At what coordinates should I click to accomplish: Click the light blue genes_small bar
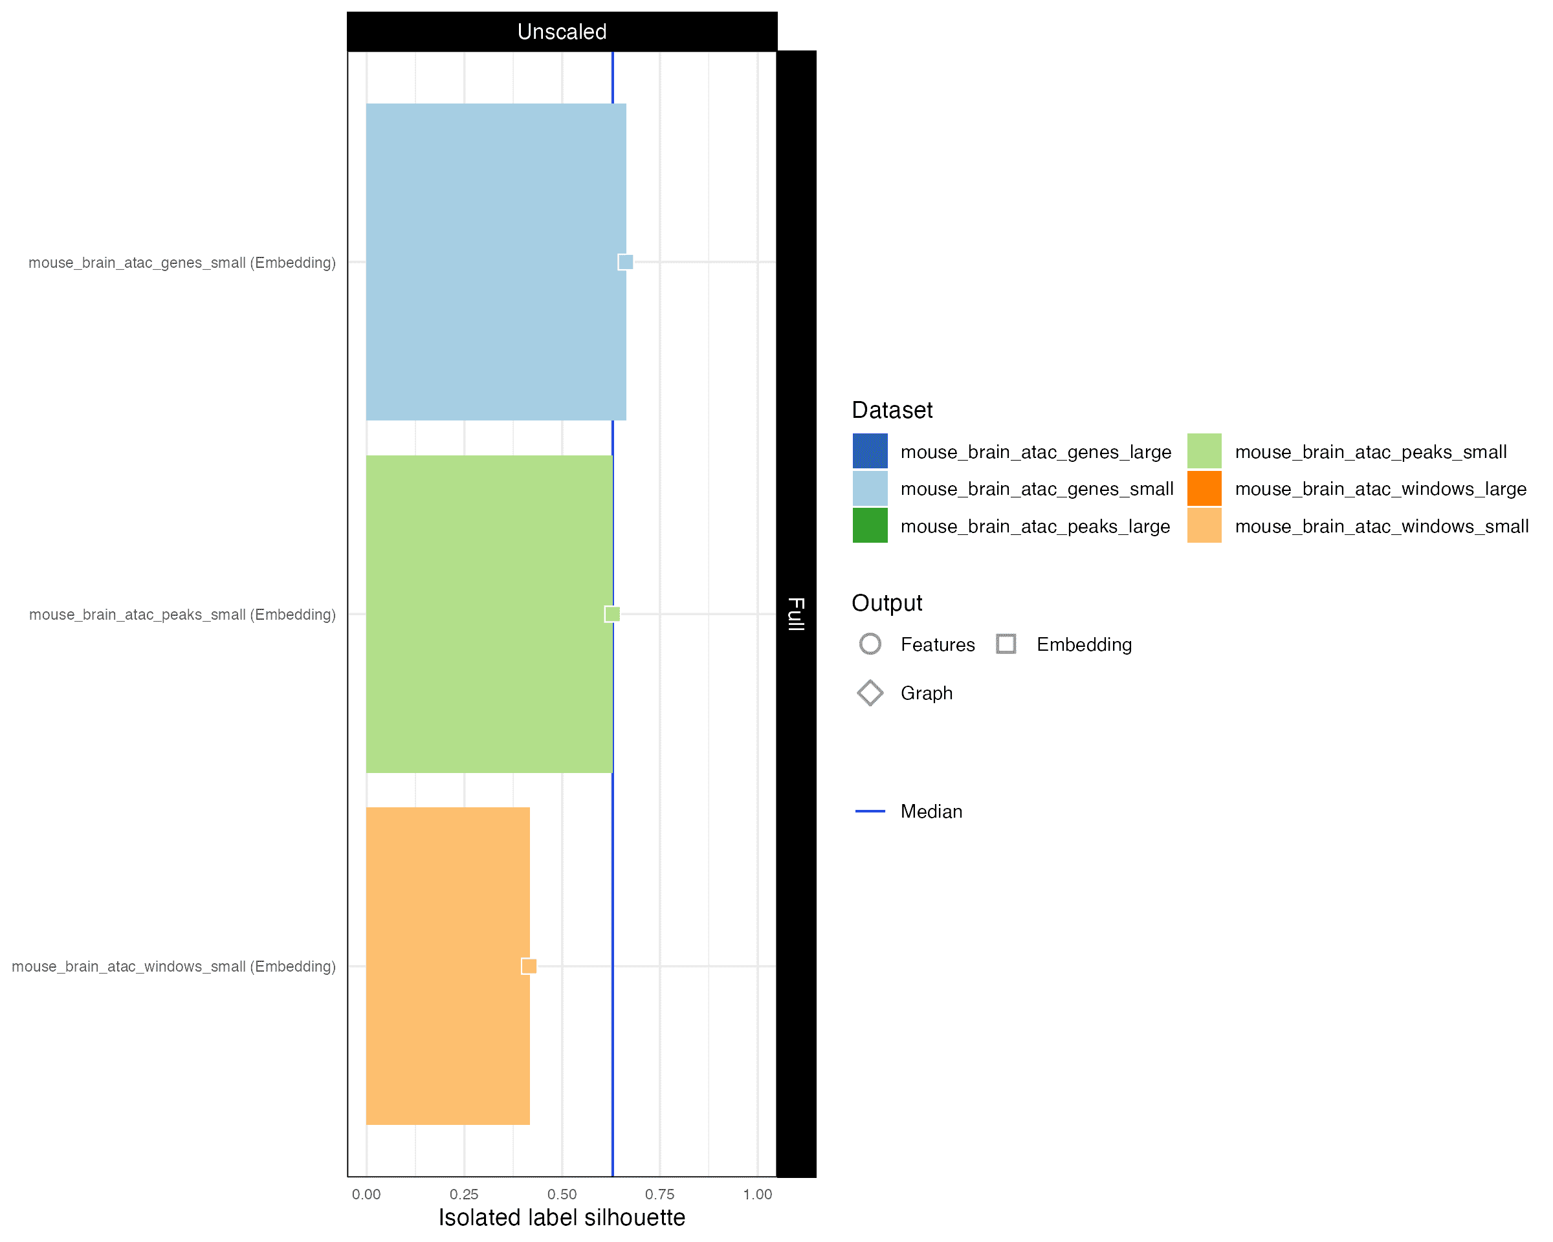[x=496, y=262]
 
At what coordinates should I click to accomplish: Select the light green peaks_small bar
[x=489, y=614]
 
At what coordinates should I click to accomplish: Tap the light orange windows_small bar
[x=448, y=966]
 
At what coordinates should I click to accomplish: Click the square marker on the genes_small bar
[x=626, y=262]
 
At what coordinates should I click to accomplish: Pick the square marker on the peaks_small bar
[x=612, y=614]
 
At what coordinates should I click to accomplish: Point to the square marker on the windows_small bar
[x=529, y=966]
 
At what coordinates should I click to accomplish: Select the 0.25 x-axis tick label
[x=464, y=1195]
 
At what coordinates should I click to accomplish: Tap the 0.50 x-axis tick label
[x=562, y=1195]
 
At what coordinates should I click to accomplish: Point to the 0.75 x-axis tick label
[x=660, y=1195]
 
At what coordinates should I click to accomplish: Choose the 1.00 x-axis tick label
[x=758, y=1195]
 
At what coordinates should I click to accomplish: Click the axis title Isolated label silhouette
[x=562, y=1217]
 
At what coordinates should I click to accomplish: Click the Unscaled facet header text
[x=562, y=32]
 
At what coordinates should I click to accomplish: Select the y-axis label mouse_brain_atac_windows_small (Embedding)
[x=173, y=966]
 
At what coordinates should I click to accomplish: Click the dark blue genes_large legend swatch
[x=870, y=452]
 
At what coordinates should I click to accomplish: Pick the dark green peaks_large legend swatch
[x=870, y=526]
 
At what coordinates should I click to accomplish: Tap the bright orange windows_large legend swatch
[x=1204, y=489]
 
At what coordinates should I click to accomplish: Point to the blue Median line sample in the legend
[x=870, y=811]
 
